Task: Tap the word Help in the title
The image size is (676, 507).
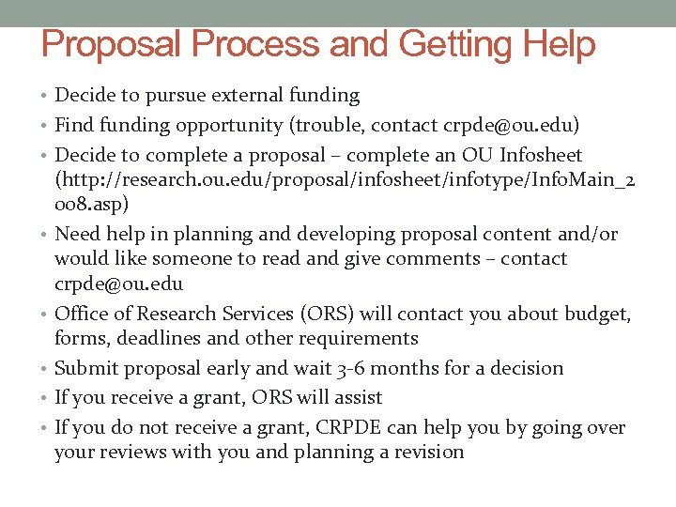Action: pyautogui.click(x=560, y=44)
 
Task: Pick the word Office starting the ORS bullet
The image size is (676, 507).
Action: pyautogui.click(x=82, y=314)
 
